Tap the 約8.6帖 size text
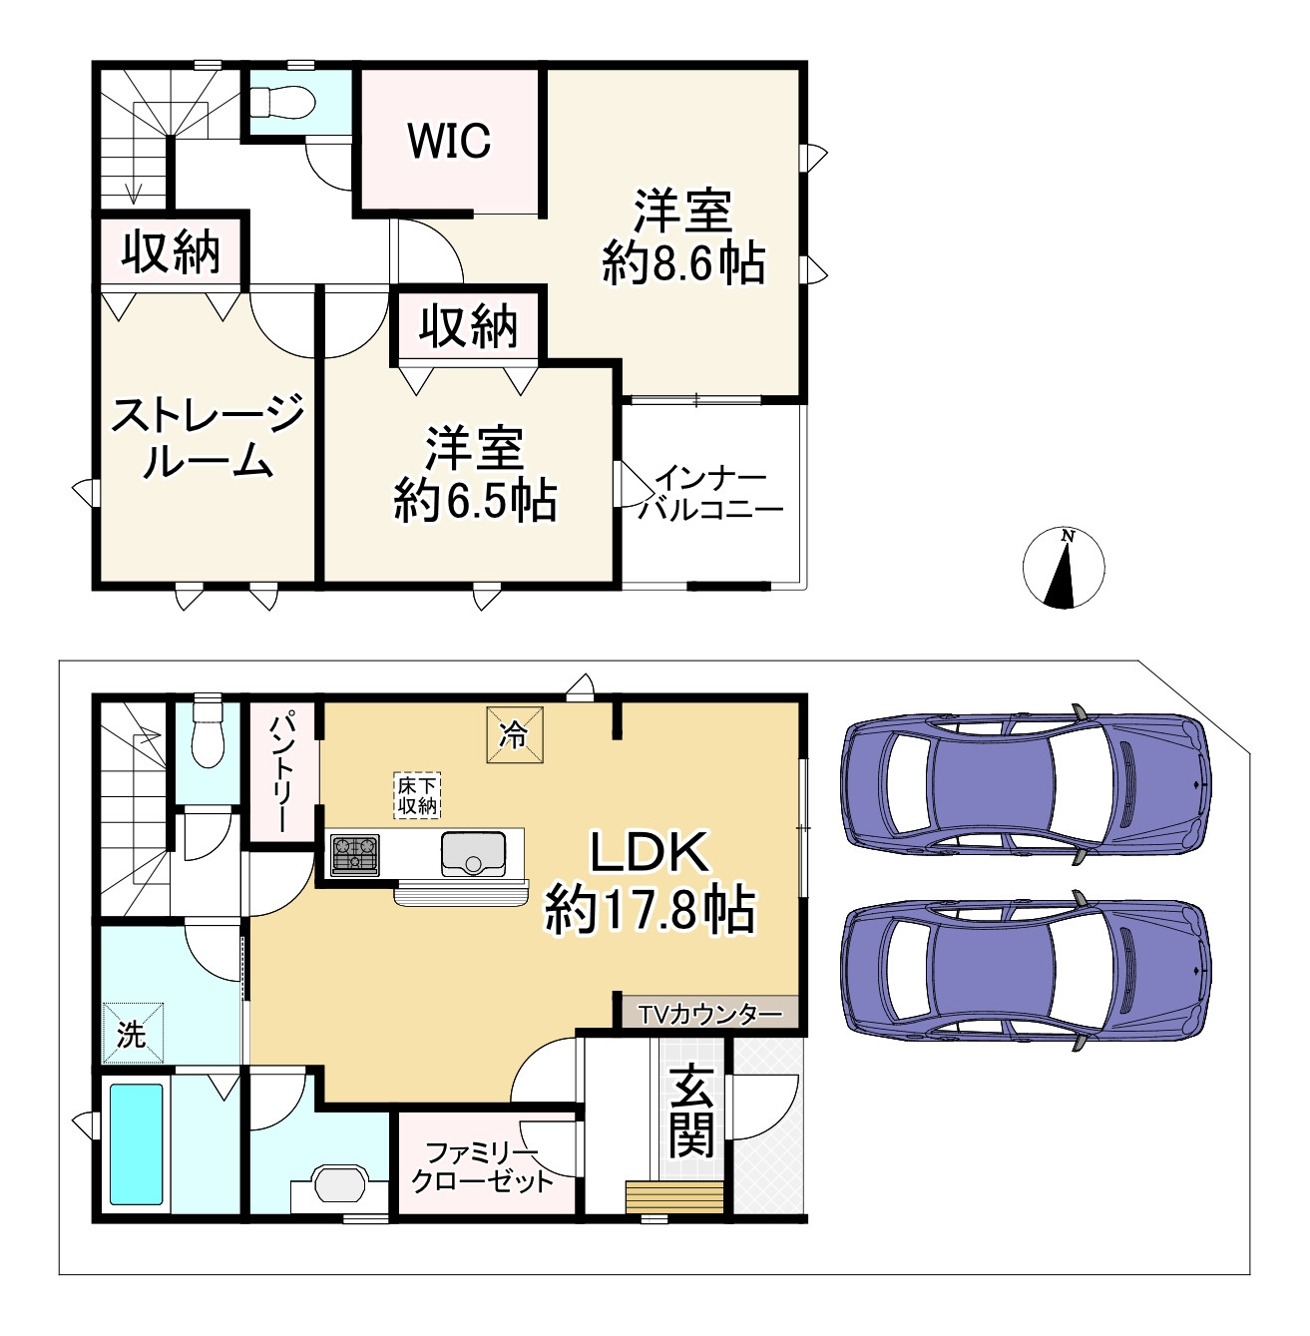[683, 263]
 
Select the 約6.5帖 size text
[475, 501]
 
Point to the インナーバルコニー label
[710, 494]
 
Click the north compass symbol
[1064, 568]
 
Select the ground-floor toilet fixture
[206, 734]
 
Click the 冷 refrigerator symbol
[514, 735]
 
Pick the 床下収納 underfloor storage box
[417, 796]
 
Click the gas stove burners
[355, 855]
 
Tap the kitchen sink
[473, 853]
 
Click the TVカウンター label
[709, 1015]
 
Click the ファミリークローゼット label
[483, 1167]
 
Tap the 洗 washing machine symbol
[133, 1033]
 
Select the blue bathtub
[137, 1144]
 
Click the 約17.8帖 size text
[650, 912]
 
